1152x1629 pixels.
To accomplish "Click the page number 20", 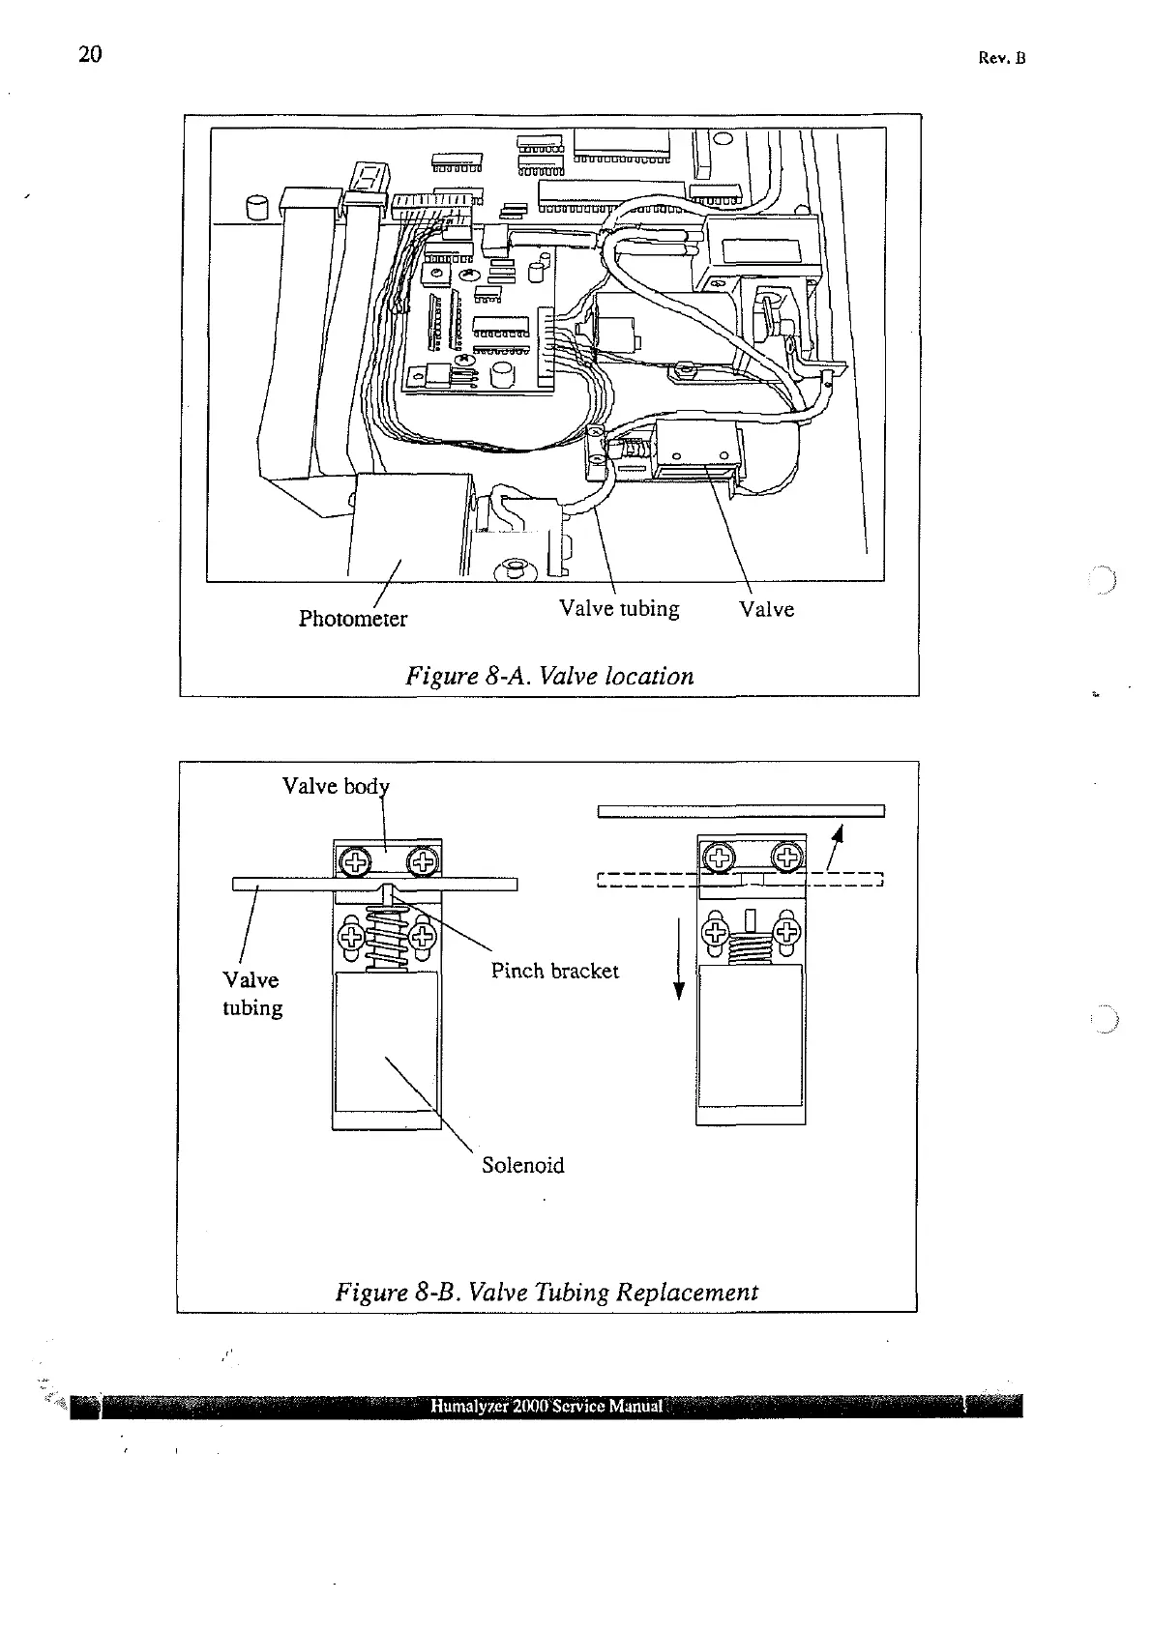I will tap(89, 54).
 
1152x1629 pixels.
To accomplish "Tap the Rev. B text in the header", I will tap(1001, 58).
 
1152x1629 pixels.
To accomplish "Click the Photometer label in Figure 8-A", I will tap(352, 619).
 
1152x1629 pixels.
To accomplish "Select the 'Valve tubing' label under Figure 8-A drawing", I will tap(619, 609).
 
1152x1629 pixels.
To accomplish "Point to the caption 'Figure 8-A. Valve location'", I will tap(549, 676).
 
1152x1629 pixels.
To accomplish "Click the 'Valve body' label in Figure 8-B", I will tap(335, 786).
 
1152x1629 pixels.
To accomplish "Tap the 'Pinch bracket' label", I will tap(554, 971).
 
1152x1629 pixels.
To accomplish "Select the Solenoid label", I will tap(522, 1165).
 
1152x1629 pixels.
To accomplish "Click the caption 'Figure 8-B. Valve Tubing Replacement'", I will tap(546, 1292).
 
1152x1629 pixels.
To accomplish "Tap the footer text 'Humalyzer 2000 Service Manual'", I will tap(546, 1406).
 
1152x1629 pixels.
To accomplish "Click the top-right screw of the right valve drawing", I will tap(787, 856).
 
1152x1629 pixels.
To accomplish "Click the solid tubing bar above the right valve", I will tap(741, 810).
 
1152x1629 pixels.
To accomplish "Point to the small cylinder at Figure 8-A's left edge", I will tap(257, 208).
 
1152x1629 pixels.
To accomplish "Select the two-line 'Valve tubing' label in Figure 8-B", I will tap(252, 994).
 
